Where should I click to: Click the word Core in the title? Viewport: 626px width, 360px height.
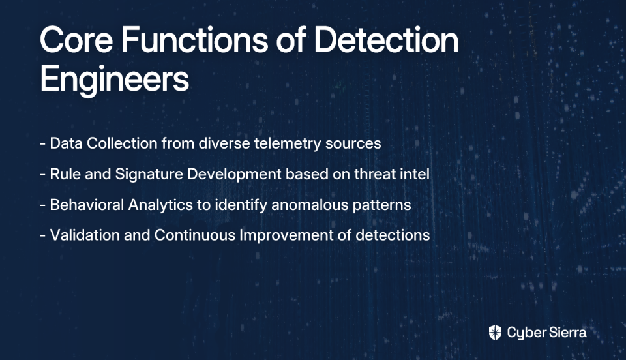(x=76, y=40)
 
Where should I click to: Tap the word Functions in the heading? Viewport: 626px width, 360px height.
(x=194, y=40)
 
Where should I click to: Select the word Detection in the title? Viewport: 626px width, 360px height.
(x=387, y=40)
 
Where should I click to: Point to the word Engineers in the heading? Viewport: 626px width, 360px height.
(x=115, y=80)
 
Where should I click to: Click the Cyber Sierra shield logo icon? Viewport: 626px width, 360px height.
(x=495, y=333)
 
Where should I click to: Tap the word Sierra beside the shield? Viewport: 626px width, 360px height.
(x=567, y=333)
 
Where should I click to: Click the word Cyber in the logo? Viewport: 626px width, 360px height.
(x=526, y=333)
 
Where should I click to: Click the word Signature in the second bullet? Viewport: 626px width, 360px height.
(x=149, y=175)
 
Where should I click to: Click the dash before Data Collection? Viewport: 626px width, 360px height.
(x=43, y=144)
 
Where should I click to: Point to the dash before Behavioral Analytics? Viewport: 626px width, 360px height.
(x=43, y=205)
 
